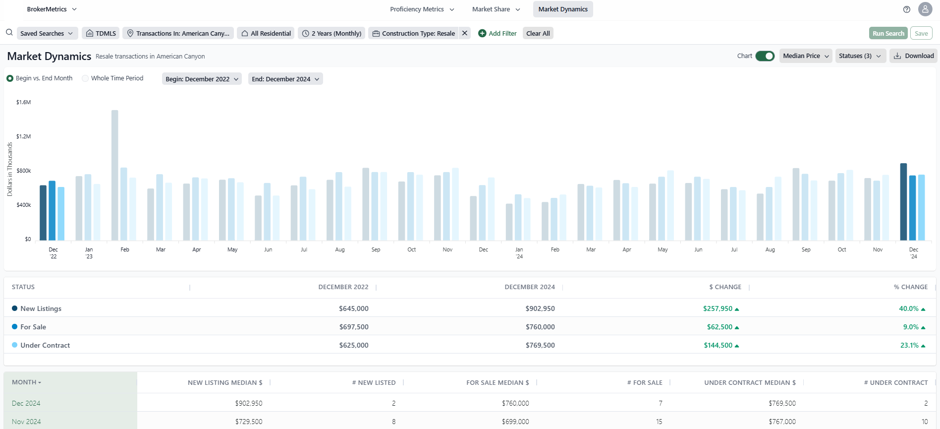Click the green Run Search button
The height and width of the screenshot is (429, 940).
coord(888,33)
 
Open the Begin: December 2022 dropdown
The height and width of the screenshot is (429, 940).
coord(202,79)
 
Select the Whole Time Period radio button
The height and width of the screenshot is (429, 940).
coord(86,78)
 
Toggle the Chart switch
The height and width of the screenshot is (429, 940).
coord(765,56)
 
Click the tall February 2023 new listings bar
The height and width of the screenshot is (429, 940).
coord(115,175)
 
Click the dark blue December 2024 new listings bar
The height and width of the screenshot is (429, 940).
coord(903,202)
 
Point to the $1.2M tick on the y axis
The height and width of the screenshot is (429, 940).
coord(23,136)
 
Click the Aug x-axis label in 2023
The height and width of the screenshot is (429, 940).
coord(340,249)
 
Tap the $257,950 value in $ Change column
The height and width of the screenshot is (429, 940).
coord(718,308)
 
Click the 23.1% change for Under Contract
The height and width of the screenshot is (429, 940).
coord(909,345)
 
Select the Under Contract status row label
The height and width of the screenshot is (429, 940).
coord(45,345)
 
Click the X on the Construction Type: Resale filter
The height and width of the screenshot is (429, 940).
coord(465,33)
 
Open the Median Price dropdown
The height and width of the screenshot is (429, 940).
coord(806,56)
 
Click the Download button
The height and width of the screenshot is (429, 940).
coord(914,56)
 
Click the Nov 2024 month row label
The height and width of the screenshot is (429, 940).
coord(26,422)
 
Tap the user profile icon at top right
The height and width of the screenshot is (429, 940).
coord(925,9)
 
